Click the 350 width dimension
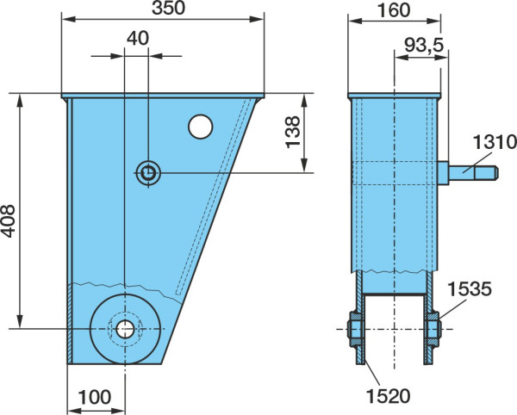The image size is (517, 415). click(x=169, y=9)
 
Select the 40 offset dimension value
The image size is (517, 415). click(x=138, y=39)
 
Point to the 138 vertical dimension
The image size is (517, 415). click(x=292, y=132)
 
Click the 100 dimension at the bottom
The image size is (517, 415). click(x=95, y=397)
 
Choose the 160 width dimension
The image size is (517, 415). click(x=394, y=10)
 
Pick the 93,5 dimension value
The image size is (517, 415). click(x=424, y=45)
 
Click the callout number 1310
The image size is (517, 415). click(x=495, y=142)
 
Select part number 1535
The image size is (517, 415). click(x=470, y=288)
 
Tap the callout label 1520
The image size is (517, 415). click(x=389, y=396)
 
